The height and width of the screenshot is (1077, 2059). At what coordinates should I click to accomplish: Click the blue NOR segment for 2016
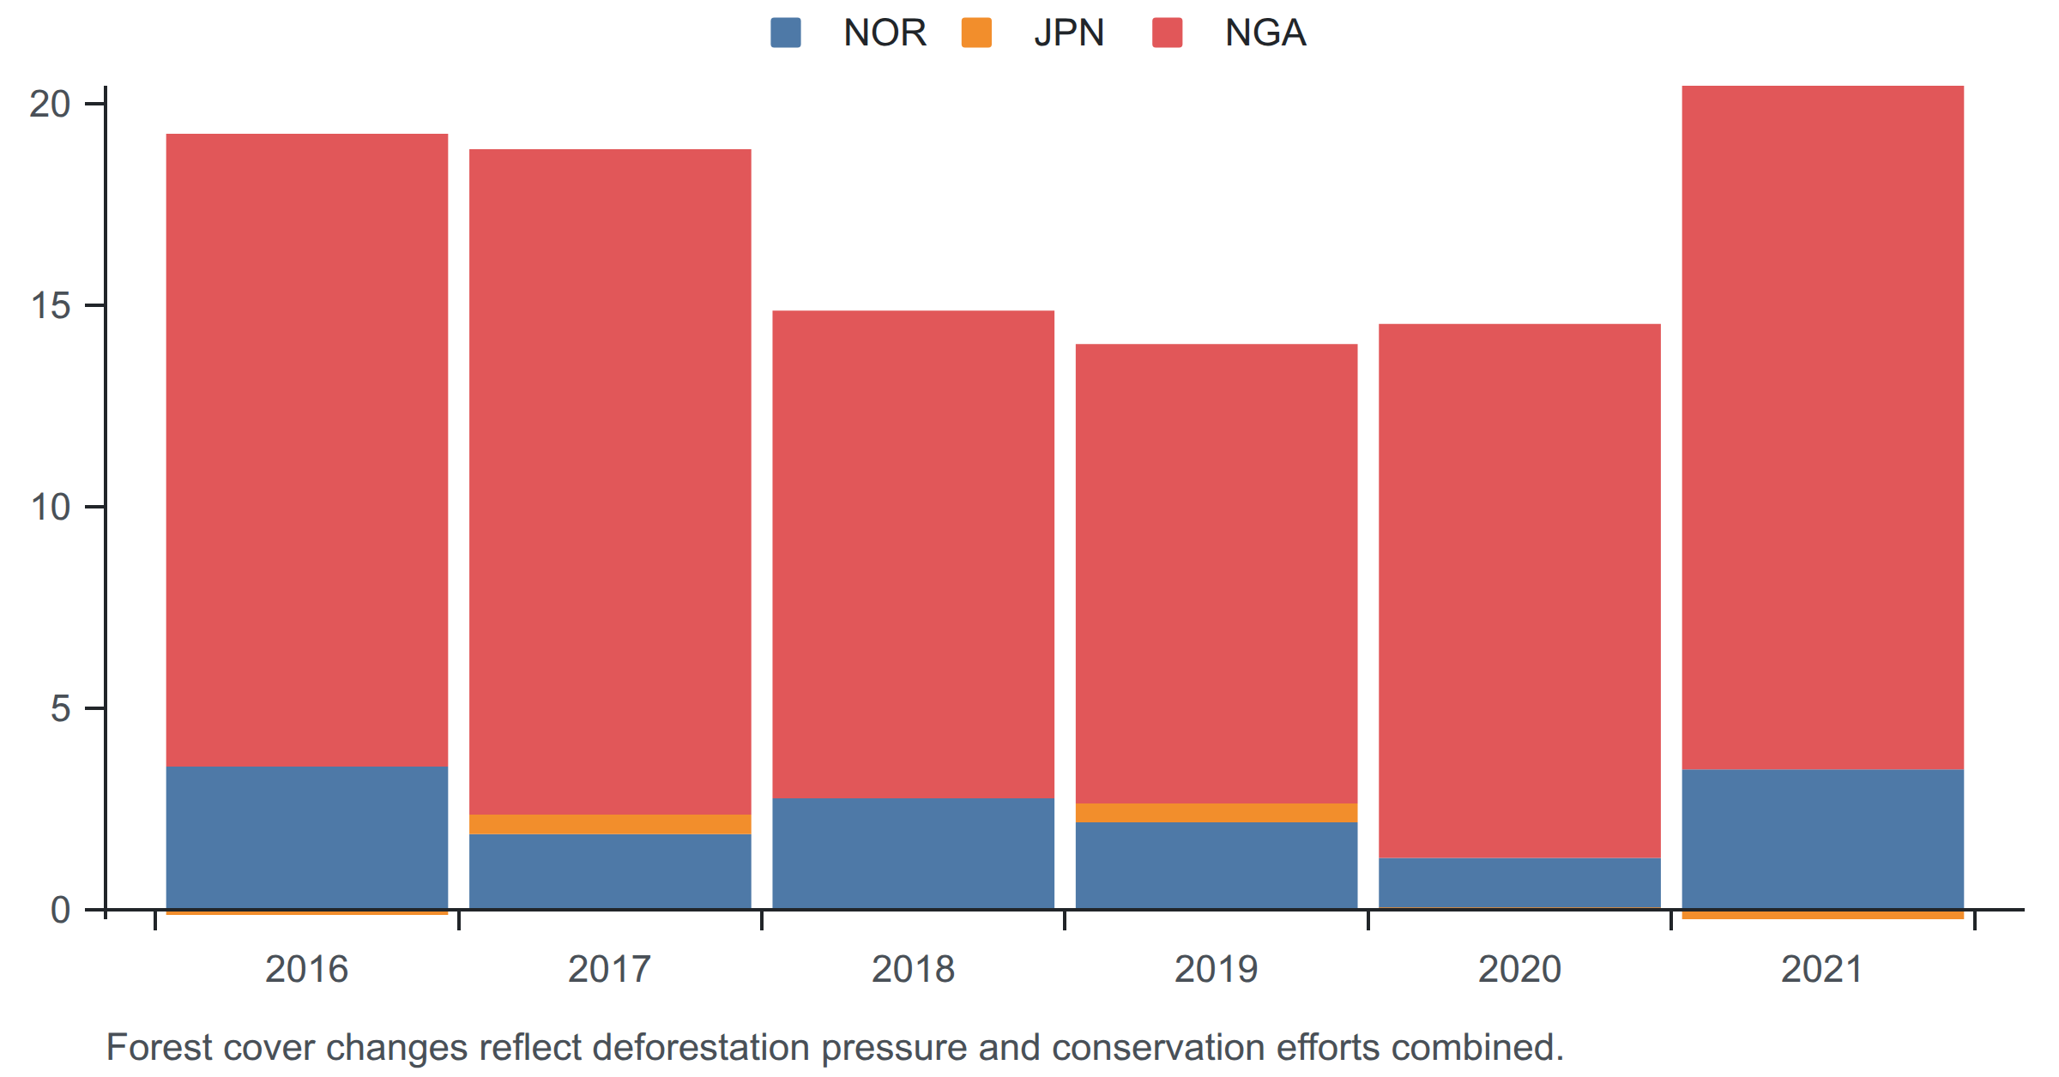coord(306,837)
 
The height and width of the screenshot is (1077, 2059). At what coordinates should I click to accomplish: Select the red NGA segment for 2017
coord(610,482)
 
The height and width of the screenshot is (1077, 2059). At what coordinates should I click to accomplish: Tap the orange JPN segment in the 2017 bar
coord(610,824)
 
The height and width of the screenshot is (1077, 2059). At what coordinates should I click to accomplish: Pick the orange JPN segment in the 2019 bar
coord(1217,813)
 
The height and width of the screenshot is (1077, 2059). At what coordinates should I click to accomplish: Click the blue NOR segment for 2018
coord(913,853)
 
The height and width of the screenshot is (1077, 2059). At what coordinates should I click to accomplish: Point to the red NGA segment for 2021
coord(1822,427)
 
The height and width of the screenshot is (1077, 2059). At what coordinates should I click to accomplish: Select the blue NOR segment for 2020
coord(1519,882)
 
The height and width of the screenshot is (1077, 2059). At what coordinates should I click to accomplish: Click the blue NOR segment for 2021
coord(1822,839)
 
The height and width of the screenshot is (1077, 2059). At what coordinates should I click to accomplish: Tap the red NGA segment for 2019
coord(1217,574)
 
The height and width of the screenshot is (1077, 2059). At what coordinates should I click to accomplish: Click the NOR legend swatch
coord(786,33)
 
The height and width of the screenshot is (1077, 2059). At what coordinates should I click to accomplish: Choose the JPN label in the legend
coord(1069,33)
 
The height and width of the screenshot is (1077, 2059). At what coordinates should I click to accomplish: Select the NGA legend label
coord(1265,33)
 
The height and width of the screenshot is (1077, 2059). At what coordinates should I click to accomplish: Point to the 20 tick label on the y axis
coord(50,104)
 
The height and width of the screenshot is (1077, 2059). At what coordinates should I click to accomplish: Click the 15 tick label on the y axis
coord(50,305)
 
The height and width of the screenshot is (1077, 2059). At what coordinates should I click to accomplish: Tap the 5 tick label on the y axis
coord(60,708)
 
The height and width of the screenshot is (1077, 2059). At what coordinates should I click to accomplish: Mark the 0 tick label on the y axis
coord(60,910)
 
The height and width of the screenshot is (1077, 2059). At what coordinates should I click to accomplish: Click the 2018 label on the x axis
coord(913,969)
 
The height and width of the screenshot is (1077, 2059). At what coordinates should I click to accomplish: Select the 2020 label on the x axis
coord(1519,969)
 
